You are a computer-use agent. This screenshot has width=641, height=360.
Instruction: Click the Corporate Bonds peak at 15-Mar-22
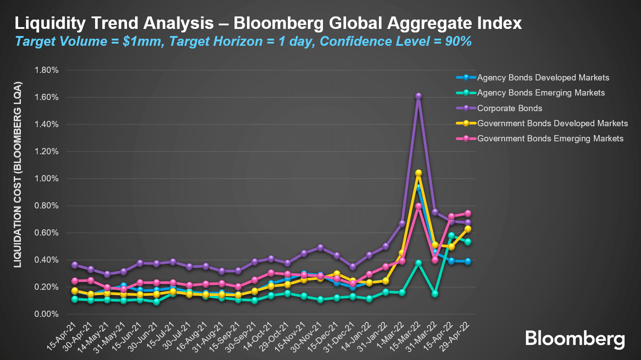click(418, 96)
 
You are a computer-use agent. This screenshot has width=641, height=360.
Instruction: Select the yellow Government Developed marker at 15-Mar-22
click(418, 173)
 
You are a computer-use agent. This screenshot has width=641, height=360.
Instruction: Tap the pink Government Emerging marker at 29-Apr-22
click(468, 213)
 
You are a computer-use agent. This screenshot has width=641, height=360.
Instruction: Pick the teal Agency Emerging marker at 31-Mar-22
click(435, 294)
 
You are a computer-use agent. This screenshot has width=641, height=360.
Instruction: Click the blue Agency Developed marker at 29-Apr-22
click(468, 261)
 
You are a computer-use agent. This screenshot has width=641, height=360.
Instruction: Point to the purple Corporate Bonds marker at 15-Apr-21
click(75, 265)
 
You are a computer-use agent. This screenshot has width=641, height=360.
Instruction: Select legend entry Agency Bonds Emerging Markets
click(541, 93)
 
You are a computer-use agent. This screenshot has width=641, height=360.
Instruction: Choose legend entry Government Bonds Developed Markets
click(552, 123)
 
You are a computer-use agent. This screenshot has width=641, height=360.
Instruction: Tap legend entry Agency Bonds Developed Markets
click(543, 78)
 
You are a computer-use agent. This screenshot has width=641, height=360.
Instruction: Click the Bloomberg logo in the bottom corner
click(575, 339)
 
